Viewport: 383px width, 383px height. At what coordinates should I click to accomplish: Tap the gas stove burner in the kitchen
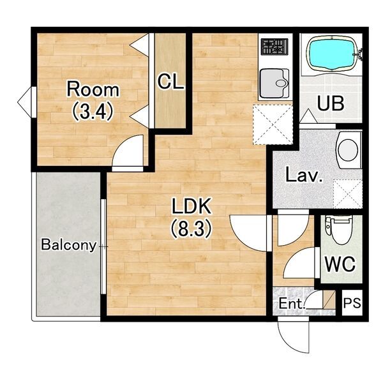(273, 47)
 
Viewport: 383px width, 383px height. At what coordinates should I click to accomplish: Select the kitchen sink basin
(274, 83)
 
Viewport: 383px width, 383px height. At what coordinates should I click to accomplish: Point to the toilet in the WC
(339, 230)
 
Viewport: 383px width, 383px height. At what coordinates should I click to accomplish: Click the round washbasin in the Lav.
(349, 150)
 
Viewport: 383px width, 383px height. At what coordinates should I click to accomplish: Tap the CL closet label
(170, 82)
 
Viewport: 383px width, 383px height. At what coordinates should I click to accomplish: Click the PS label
(352, 303)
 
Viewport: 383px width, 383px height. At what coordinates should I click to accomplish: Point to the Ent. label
(292, 304)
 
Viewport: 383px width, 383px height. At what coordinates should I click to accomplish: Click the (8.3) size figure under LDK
(191, 229)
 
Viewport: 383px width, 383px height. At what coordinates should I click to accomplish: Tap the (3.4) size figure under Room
(93, 110)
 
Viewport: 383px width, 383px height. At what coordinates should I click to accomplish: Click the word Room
(93, 89)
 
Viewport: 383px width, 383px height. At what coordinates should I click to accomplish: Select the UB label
(331, 103)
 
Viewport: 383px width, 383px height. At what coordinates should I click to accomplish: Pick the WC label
(340, 264)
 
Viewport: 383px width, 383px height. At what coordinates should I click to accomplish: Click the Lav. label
(304, 175)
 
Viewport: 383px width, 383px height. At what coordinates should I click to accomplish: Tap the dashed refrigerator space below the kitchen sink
(273, 124)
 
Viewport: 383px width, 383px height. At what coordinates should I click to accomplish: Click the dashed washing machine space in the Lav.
(348, 194)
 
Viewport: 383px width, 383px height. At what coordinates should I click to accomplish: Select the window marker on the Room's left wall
(27, 101)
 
